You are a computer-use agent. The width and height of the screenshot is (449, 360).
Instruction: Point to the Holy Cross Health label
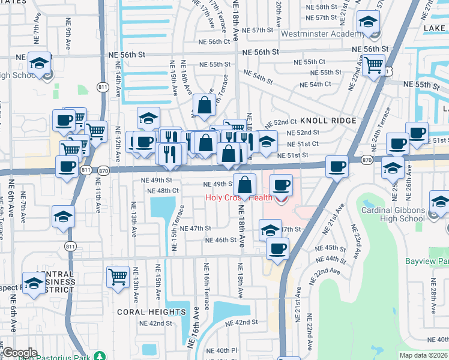click(239, 197)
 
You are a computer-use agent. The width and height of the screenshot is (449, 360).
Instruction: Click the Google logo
click(19, 353)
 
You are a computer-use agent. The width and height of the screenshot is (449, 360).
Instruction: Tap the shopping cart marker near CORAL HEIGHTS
click(118, 277)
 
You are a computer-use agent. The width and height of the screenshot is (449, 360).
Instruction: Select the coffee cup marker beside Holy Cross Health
click(281, 185)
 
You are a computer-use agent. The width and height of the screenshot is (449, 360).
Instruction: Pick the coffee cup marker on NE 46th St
click(277, 248)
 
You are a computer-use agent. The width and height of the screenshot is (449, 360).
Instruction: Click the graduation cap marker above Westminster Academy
click(367, 23)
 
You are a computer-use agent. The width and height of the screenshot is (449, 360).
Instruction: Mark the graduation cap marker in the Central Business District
click(34, 283)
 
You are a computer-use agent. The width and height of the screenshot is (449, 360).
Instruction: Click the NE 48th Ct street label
click(163, 191)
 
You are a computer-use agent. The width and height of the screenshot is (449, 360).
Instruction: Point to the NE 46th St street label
click(220, 240)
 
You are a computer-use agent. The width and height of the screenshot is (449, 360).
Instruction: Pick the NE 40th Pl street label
click(221, 350)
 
